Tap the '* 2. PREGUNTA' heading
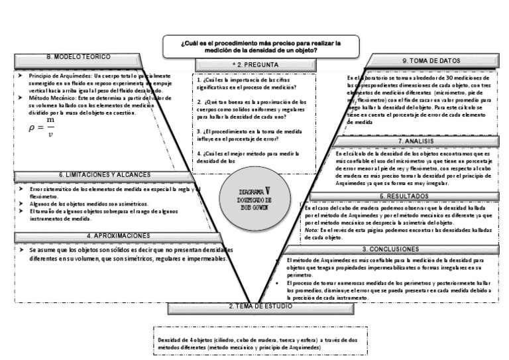tap(256, 64)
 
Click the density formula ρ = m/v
tap(41, 128)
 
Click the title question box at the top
tap(261, 46)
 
